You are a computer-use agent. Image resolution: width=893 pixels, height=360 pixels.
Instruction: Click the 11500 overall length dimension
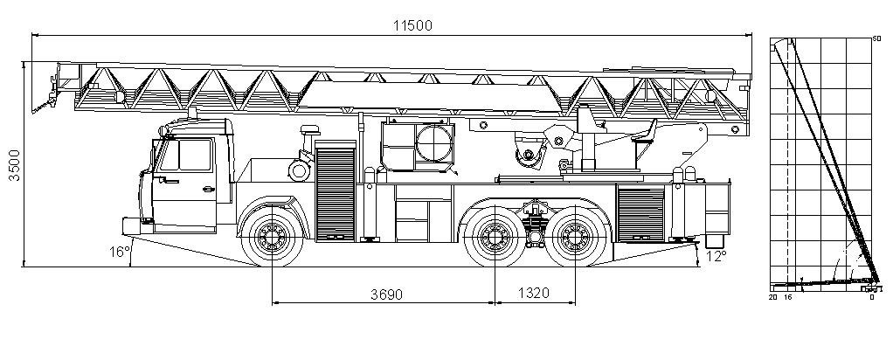pos(412,24)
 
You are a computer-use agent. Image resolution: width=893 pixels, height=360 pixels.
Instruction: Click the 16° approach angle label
pos(119,252)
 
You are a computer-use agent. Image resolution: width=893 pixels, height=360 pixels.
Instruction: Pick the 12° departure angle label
pos(716,256)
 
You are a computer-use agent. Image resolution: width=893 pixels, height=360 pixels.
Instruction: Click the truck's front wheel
pos(273,236)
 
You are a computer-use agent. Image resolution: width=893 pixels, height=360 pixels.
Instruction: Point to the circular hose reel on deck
pos(434,142)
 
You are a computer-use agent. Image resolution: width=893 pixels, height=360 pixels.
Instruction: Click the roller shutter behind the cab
pos(334,192)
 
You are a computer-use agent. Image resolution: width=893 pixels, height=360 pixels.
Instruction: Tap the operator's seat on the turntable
pos(645,133)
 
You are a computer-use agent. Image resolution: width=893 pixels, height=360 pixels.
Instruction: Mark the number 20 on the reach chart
pos(772,297)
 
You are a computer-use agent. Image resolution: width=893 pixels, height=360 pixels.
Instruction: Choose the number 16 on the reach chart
pos(786,297)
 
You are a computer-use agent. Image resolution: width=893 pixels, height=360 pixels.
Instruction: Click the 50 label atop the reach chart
pos(876,38)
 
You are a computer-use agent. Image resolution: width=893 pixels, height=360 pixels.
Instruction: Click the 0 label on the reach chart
pos(871,297)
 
